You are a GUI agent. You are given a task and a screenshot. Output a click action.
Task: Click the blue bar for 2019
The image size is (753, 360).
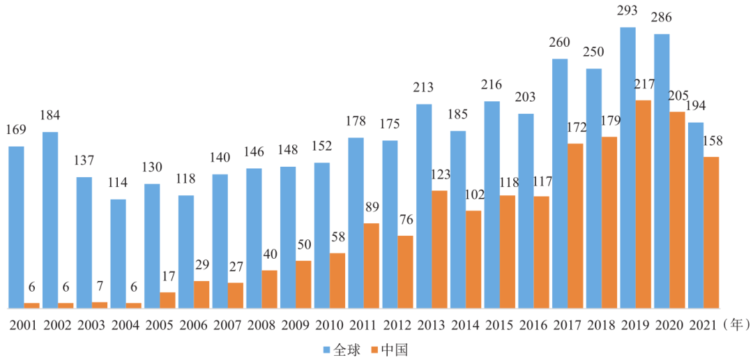[627, 167]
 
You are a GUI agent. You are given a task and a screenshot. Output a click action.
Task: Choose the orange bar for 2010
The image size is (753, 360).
[337, 280]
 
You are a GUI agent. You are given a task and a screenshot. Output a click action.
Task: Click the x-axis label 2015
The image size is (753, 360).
[499, 326]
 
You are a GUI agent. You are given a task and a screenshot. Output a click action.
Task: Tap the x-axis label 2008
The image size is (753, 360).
[261, 326]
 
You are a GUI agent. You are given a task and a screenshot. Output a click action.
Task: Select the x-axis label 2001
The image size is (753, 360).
[23, 326]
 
